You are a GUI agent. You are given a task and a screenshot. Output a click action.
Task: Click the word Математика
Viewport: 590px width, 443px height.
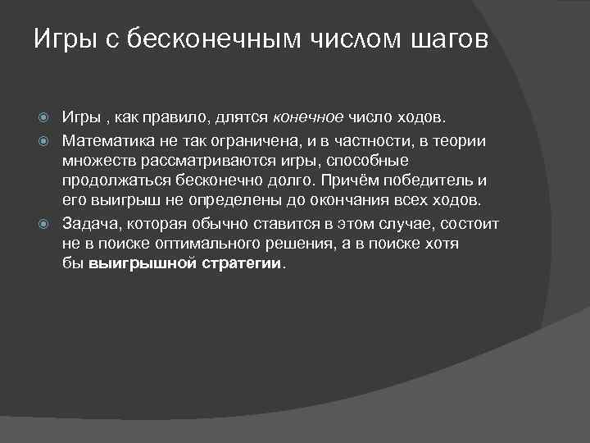tap(107, 140)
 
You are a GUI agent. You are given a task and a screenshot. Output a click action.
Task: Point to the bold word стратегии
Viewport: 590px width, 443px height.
tap(243, 264)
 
